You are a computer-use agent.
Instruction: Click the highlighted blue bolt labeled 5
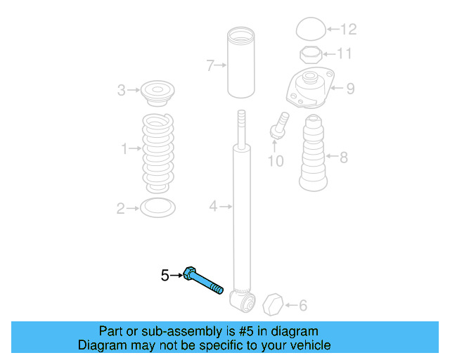[x=204, y=281]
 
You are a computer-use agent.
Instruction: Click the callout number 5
[x=165, y=276]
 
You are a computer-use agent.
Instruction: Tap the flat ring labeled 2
[x=157, y=207]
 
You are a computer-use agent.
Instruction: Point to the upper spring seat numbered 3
[x=157, y=92]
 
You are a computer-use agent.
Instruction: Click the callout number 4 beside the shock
[x=213, y=206]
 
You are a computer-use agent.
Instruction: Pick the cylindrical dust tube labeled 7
[x=241, y=63]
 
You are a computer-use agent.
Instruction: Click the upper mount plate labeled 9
[x=309, y=89]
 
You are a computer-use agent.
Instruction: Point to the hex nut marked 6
[x=272, y=306]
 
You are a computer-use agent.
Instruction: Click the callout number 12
[x=349, y=30]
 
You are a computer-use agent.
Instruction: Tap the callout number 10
[x=276, y=162]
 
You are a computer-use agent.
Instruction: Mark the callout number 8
[x=344, y=157]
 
